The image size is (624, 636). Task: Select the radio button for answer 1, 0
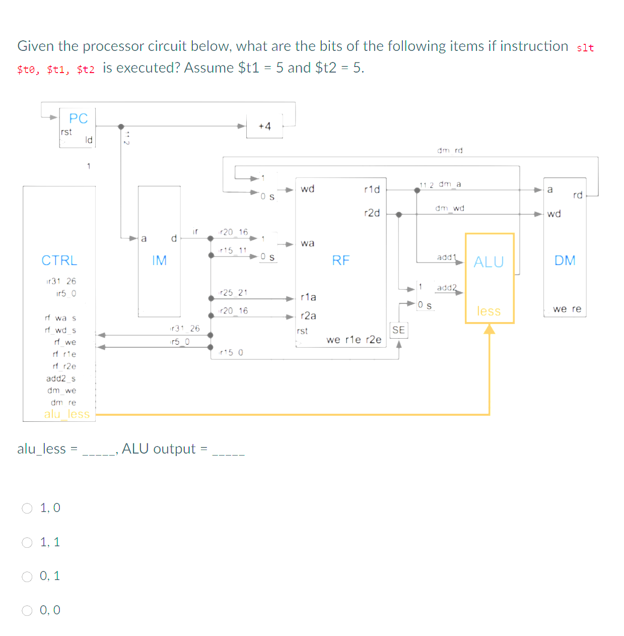pyautogui.click(x=27, y=508)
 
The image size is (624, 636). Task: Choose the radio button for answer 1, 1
pyautogui.click(x=27, y=542)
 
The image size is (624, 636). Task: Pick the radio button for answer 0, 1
pyautogui.click(x=27, y=576)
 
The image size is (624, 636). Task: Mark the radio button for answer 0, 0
pyautogui.click(x=27, y=610)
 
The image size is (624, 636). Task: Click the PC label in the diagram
pyautogui.click(x=78, y=118)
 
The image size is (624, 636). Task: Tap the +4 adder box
pyautogui.click(x=264, y=126)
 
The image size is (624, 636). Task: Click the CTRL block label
pyautogui.click(x=59, y=261)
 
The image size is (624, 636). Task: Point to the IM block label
pyautogui.click(x=159, y=261)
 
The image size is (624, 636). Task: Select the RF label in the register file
pyautogui.click(x=340, y=261)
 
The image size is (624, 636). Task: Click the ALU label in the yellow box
pyautogui.click(x=489, y=262)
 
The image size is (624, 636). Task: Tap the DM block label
pyautogui.click(x=565, y=261)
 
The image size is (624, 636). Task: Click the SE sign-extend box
pyautogui.click(x=398, y=330)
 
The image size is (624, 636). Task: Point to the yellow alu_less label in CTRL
pyautogui.click(x=66, y=414)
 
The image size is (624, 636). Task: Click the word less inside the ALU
pyautogui.click(x=489, y=311)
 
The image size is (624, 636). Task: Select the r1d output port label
pyautogui.click(x=372, y=189)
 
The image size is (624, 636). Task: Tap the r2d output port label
pyautogui.click(x=372, y=213)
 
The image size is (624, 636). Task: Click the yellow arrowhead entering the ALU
pyautogui.click(x=489, y=329)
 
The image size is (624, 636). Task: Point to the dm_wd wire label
pyautogui.click(x=450, y=208)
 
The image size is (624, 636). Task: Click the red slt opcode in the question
pyautogui.click(x=585, y=48)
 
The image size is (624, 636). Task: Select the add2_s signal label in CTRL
pyautogui.click(x=60, y=378)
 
